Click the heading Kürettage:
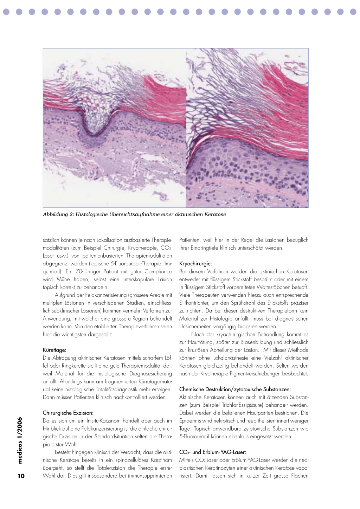pyautogui.click(x=54, y=350)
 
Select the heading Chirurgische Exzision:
pyautogui.click(x=68, y=413)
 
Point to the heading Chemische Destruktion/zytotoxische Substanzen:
pyautogui.click(x=235, y=389)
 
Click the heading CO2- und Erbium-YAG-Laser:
pyautogui.click(x=213, y=452)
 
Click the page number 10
pyautogui.click(x=21, y=476)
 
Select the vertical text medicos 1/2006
pyautogui.click(x=20, y=440)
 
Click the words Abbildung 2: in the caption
pyautogui.click(x=58, y=214)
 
